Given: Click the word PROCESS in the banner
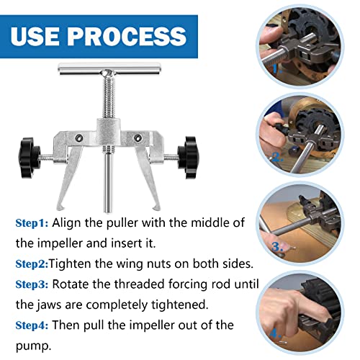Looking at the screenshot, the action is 127,37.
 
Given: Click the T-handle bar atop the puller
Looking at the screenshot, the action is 109,69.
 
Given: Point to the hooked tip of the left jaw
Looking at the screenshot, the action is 60,207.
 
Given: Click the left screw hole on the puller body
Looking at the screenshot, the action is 78,138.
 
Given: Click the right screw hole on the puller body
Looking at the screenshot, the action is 138,138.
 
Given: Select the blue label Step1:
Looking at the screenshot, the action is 32,223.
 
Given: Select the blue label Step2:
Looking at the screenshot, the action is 32,264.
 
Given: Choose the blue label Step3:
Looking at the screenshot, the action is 32,284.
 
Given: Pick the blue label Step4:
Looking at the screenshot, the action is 32,325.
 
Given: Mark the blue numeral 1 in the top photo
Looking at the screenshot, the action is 276,69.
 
